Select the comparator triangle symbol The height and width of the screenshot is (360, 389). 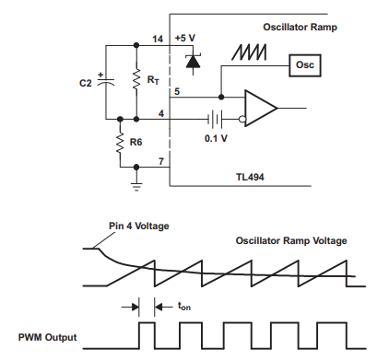262,108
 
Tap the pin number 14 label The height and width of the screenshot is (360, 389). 157,39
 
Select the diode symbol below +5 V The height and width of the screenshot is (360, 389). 191,61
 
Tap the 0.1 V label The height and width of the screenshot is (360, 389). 215,139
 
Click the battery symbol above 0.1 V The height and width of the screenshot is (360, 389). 215,119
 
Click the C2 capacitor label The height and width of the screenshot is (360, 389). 87,82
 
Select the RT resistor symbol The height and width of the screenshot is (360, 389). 136,81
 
